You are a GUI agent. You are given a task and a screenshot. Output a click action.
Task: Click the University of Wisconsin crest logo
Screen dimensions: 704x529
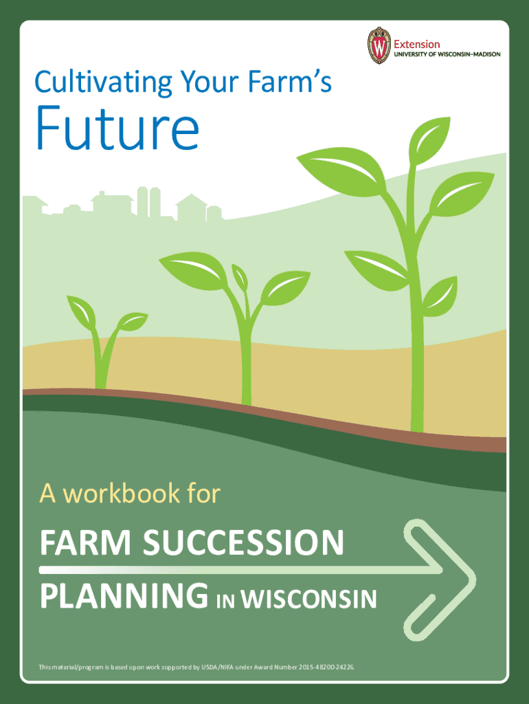[378, 45]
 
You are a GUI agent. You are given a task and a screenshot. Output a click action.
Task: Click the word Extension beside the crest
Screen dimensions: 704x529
[416, 44]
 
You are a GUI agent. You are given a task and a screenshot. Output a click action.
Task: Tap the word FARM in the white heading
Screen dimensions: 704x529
[73, 543]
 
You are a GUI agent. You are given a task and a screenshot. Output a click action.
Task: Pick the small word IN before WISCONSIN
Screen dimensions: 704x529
[225, 600]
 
